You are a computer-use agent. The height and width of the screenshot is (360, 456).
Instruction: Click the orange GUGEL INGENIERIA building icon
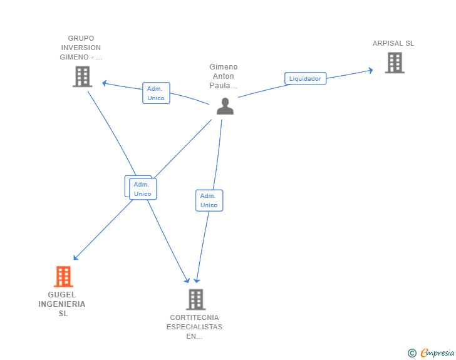(63, 277)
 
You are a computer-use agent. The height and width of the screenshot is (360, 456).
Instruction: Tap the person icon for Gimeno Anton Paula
(225, 106)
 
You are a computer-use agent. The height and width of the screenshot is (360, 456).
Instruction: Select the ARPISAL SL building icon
(395, 63)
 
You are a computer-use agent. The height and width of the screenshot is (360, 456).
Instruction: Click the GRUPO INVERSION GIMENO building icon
(83, 77)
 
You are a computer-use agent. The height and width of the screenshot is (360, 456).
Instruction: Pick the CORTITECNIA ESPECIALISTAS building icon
(196, 299)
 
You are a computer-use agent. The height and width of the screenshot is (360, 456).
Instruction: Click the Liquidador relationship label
(306, 78)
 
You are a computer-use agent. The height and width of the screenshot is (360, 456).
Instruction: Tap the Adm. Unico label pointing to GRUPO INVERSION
(156, 93)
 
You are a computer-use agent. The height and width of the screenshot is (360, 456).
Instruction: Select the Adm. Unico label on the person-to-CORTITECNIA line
(209, 200)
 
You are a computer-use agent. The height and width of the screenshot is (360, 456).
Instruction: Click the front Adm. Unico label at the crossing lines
(143, 189)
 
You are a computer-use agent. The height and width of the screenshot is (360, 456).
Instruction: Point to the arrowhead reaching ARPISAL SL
(371, 70)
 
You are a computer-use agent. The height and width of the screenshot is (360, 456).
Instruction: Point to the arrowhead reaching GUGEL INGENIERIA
(75, 258)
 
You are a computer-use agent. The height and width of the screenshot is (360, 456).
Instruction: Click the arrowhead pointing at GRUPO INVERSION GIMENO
(105, 83)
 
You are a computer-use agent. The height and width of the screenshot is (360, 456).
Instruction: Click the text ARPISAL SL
(393, 43)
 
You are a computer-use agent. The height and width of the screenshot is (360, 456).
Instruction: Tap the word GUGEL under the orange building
(62, 294)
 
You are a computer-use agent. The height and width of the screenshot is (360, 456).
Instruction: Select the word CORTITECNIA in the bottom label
(194, 317)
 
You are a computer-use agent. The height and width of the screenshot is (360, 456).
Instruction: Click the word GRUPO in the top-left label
(81, 38)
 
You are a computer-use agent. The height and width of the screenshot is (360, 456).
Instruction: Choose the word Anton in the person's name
(224, 76)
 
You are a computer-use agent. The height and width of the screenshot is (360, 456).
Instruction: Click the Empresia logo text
(437, 352)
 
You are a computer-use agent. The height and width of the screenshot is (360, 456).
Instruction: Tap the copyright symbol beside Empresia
(412, 353)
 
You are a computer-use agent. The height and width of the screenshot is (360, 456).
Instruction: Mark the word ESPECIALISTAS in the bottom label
(194, 327)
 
